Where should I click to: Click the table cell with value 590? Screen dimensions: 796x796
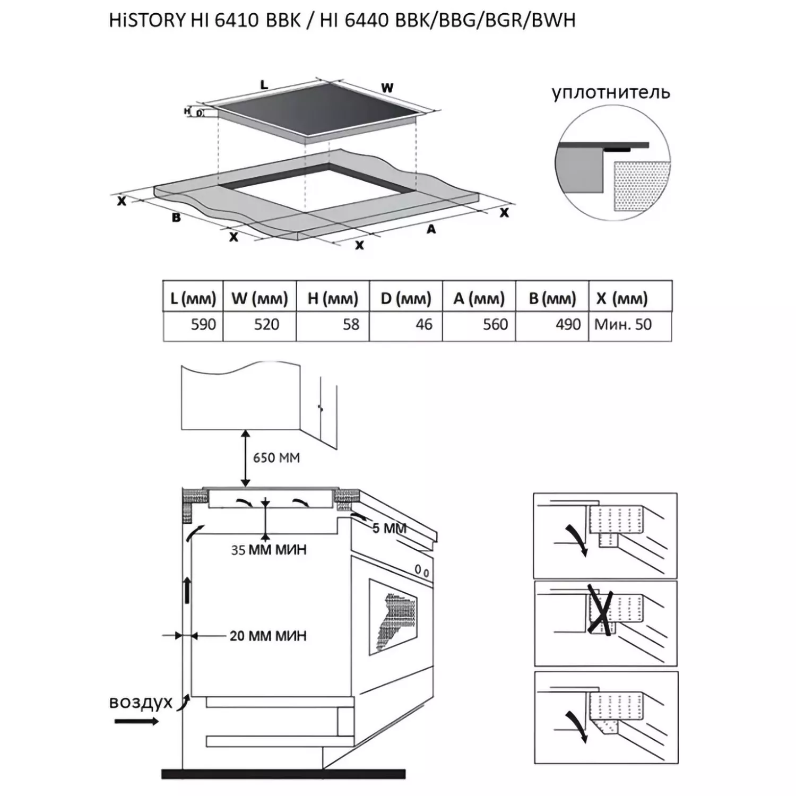tap(193, 325)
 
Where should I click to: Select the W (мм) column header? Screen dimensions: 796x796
tap(259, 298)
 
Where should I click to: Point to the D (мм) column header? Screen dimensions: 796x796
tap(406, 298)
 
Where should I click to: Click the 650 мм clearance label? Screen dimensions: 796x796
tap(276, 457)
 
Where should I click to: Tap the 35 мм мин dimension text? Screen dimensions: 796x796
tap(269, 550)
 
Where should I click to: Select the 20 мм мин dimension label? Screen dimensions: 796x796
tap(268, 636)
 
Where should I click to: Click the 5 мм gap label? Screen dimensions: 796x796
tap(390, 529)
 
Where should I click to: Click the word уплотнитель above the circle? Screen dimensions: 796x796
tap(611, 93)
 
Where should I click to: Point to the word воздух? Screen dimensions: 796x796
tap(141, 702)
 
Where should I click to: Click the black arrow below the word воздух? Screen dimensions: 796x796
tap(136, 721)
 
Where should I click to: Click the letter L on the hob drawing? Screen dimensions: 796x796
tap(264, 85)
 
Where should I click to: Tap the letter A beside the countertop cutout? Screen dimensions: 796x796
tap(431, 229)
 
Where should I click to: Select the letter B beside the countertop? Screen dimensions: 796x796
tap(176, 218)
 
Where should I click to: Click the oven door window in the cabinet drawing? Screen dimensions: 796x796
tap(393, 618)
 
